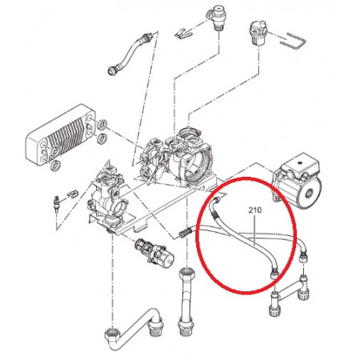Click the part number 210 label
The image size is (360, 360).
pos(255,210)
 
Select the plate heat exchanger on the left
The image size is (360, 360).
pos(60,134)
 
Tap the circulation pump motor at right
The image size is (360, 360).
pos(297,181)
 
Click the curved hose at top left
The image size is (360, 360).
pos(128,54)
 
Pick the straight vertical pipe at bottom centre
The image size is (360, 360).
pos(186,301)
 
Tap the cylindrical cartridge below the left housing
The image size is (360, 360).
pos(154,253)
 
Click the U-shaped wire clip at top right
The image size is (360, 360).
pos(294,42)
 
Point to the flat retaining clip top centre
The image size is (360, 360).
pos(184,32)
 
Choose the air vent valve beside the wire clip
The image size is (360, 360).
pos(257,33)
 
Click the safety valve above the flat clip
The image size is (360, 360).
pos(217,18)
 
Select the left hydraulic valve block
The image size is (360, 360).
pos(108,198)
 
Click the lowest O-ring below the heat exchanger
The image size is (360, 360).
pos(55,166)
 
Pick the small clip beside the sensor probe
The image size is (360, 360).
pos(73,194)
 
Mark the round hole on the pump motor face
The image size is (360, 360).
pos(310,193)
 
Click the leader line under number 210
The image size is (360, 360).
pos(255,230)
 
